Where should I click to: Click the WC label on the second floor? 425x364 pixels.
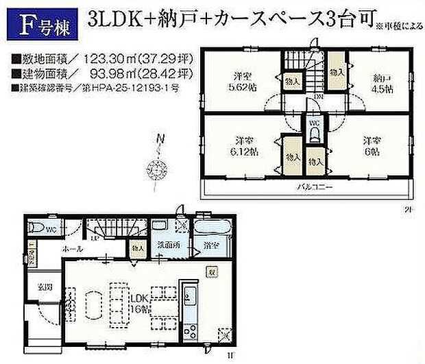(x=313, y=124)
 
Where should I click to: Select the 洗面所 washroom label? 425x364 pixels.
(x=167, y=244)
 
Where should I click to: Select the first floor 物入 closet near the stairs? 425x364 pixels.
(x=138, y=247)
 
